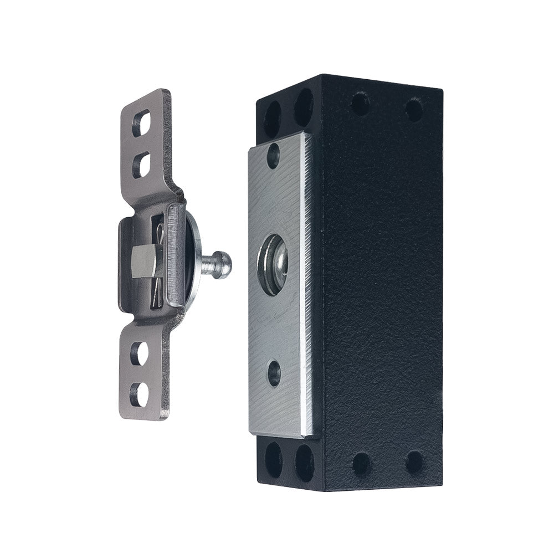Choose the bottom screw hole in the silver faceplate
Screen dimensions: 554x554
tap(273, 372)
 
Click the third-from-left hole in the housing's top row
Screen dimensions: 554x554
tap(361, 104)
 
